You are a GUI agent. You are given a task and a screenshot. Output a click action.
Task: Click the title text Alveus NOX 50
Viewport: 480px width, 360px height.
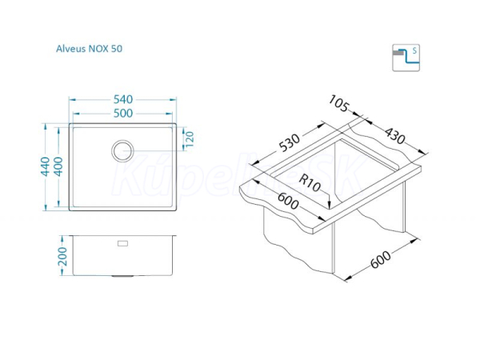coord(89,49)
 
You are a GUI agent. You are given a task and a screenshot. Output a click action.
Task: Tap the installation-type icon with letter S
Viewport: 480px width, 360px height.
coord(406,58)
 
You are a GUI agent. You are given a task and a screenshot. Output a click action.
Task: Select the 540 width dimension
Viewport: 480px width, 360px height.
coord(123,99)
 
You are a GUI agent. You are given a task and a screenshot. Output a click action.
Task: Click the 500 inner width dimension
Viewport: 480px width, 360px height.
coord(123,114)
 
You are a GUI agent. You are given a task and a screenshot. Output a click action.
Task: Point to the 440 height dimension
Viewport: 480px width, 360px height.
coord(46,166)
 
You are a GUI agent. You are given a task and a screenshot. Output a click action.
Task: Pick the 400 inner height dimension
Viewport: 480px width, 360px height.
coord(58,166)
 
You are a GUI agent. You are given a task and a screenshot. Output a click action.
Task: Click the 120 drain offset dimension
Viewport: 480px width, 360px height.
coord(190,139)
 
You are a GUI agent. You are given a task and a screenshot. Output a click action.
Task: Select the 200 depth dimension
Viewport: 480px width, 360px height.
coord(62,257)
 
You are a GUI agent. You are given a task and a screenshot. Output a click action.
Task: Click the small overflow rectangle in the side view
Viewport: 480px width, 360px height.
coord(122,243)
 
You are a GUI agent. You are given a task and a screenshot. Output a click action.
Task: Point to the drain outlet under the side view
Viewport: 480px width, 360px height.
coord(122,276)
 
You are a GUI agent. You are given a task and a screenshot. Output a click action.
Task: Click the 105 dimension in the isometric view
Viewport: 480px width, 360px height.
coord(338,103)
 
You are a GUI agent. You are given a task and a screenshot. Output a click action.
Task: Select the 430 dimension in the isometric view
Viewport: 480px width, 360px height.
coord(395,136)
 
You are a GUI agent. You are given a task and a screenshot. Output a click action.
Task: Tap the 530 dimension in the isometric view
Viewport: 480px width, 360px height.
coord(290,142)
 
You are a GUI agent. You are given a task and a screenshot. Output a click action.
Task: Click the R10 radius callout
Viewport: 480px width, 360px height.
coord(310,182)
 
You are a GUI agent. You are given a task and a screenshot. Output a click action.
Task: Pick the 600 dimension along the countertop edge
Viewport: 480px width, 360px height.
coord(288,201)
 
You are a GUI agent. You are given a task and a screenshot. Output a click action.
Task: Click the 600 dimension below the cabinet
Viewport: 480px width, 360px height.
coord(381,259)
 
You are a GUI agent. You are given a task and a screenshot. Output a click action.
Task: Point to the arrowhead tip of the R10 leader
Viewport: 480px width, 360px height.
coord(329,209)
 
